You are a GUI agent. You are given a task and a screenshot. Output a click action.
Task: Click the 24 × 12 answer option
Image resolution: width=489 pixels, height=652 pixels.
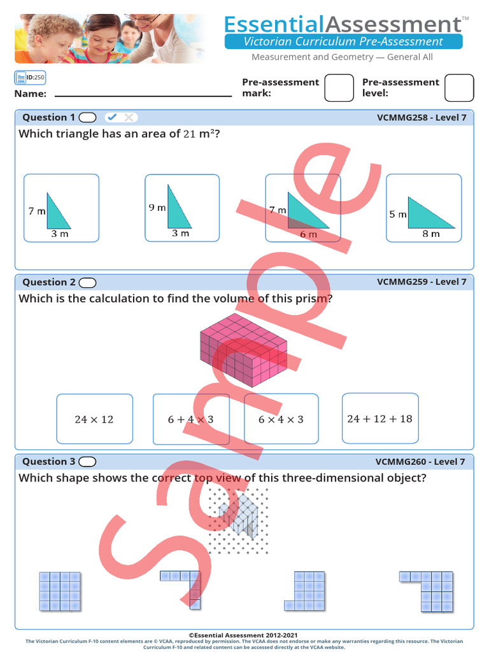coord(94,419)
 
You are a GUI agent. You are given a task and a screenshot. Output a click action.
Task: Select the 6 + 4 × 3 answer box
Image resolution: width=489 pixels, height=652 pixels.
coord(191,419)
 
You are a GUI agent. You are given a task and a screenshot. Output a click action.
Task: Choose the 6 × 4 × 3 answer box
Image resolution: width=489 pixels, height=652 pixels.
coord(281,419)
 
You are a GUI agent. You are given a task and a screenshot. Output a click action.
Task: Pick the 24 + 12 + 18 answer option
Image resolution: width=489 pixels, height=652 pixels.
coord(379,418)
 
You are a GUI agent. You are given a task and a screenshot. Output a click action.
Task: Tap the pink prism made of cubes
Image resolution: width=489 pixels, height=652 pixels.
coord(244,350)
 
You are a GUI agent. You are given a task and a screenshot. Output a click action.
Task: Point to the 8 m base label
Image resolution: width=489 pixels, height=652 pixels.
coord(431,234)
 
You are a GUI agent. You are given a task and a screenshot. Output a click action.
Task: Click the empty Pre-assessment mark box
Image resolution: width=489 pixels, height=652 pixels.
coord(339,88)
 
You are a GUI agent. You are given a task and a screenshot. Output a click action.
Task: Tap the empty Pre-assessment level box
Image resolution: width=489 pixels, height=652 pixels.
coord(458,88)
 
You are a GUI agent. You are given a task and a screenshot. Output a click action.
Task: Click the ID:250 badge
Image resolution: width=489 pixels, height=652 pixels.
coord(30,78)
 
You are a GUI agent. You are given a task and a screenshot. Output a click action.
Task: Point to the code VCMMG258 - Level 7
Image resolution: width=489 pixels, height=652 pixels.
coord(422,117)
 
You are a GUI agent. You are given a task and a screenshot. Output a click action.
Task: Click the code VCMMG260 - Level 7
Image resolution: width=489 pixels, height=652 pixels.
coord(420,462)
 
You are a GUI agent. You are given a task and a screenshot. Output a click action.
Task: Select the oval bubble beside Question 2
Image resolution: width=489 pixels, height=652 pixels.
coord(88,282)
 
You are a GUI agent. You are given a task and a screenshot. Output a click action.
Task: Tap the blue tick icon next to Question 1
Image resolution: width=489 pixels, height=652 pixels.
coord(112,117)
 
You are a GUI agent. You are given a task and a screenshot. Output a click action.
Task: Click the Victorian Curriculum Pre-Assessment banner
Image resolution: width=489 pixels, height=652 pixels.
coord(343,42)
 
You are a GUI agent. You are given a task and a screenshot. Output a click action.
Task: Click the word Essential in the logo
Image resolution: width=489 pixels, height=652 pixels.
coord(274,24)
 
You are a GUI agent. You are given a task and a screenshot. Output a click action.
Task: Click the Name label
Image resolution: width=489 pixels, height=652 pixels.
coord(31,94)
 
